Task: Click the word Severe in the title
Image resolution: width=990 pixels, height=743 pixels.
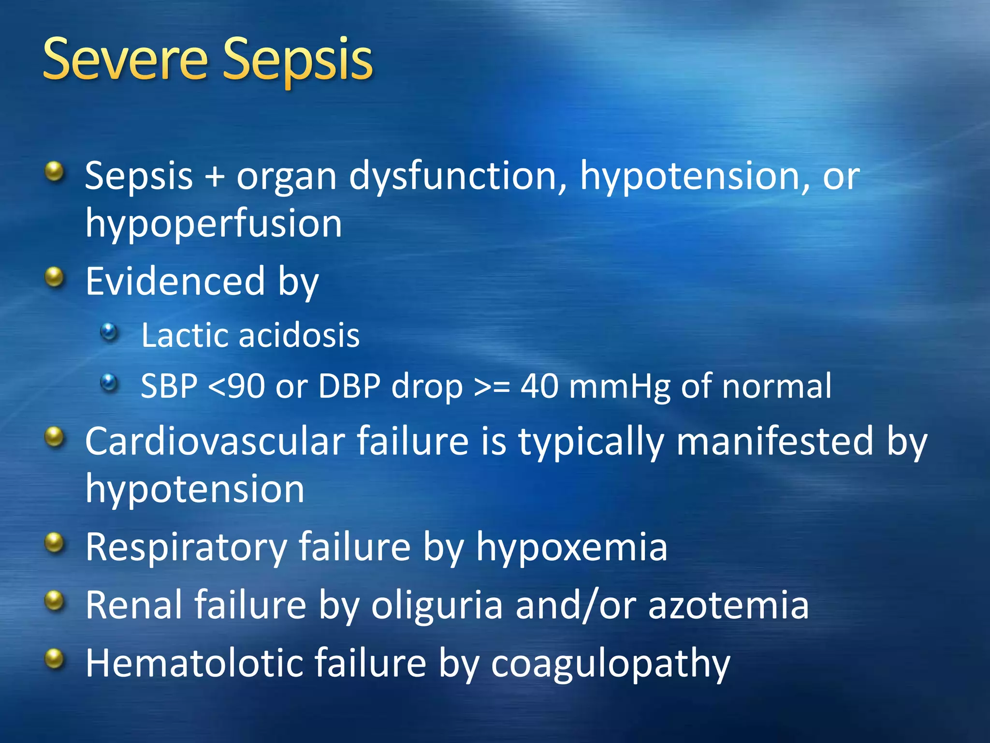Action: point(125,60)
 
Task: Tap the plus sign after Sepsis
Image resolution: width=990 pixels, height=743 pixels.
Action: point(215,176)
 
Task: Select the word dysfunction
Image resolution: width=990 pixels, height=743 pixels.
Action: point(457,176)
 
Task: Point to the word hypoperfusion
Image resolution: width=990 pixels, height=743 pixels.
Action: point(214,224)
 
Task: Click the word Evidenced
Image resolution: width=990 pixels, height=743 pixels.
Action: point(175,282)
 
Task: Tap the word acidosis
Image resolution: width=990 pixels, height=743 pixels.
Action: point(300,335)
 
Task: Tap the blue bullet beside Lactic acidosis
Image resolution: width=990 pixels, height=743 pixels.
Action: point(109,333)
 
